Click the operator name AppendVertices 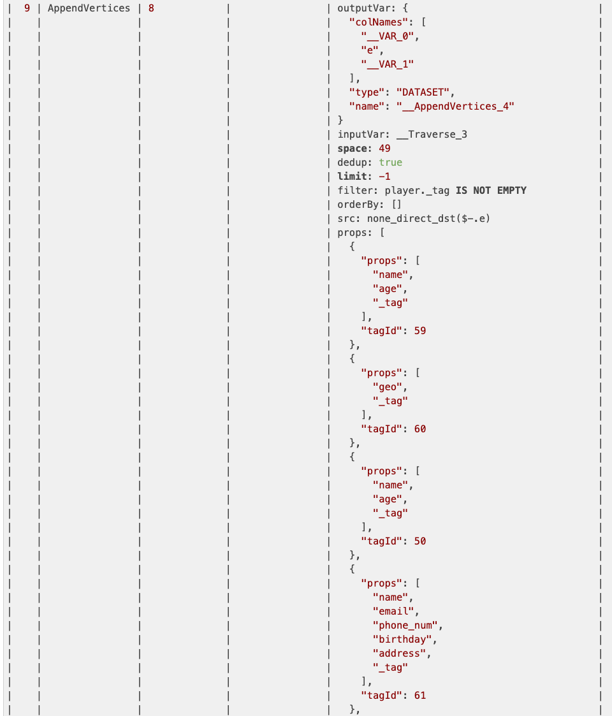(89, 8)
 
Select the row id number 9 (27, 8)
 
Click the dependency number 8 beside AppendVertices (150, 8)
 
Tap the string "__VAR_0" (390, 36)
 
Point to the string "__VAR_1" (388, 64)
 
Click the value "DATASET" (424, 92)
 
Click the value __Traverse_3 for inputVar (431, 135)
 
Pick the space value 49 (384, 149)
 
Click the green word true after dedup (391, 163)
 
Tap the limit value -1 (384, 177)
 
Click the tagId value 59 (419, 331)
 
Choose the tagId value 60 (419, 429)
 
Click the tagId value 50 (419, 541)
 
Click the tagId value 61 (419, 696)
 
